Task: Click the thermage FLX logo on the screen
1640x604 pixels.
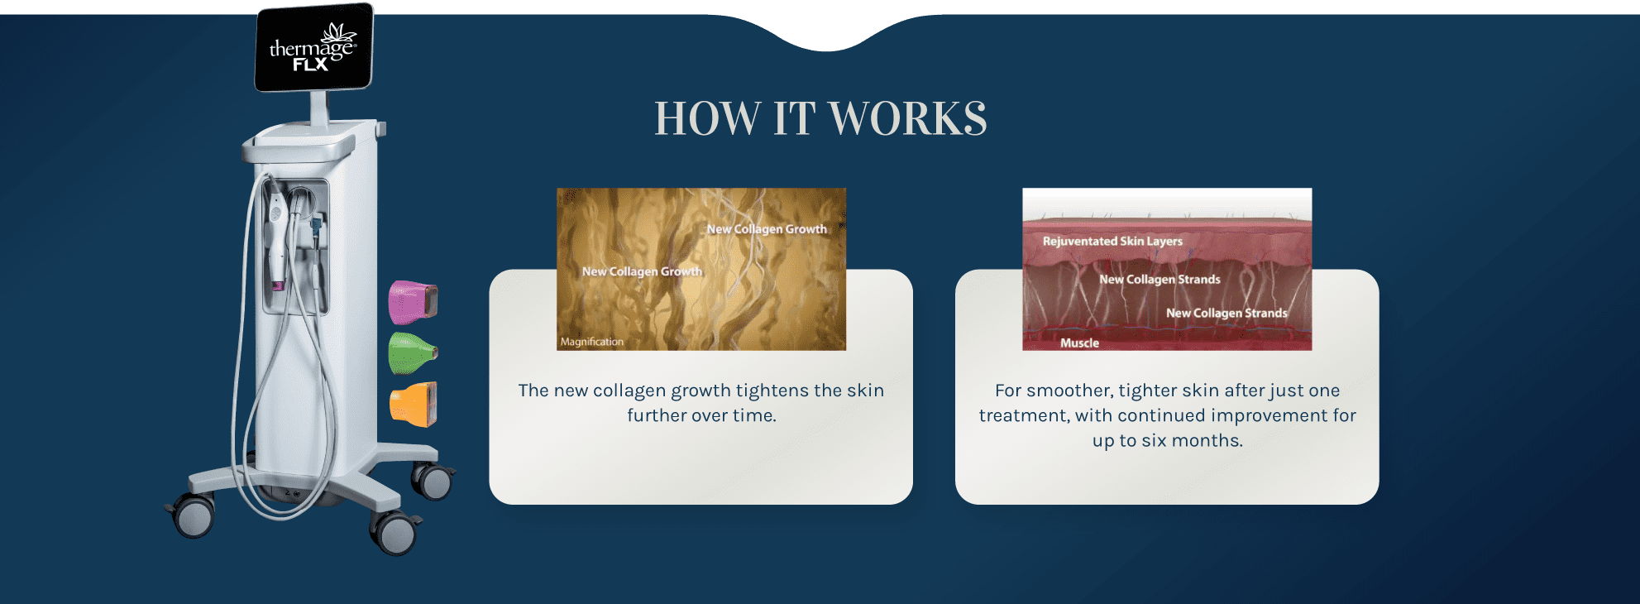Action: point(313,48)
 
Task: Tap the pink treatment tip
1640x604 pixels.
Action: point(413,302)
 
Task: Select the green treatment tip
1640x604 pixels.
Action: point(412,353)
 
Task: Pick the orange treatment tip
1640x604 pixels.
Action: point(413,405)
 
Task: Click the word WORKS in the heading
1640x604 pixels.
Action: point(907,118)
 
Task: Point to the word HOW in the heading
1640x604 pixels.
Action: point(707,118)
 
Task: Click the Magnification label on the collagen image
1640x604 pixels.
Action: point(592,342)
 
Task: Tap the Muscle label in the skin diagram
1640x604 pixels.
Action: point(1079,343)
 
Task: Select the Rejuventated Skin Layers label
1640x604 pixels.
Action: point(1112,241)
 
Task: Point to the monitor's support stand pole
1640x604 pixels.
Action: point(318,108)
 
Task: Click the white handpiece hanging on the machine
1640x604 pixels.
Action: point(275,236)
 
